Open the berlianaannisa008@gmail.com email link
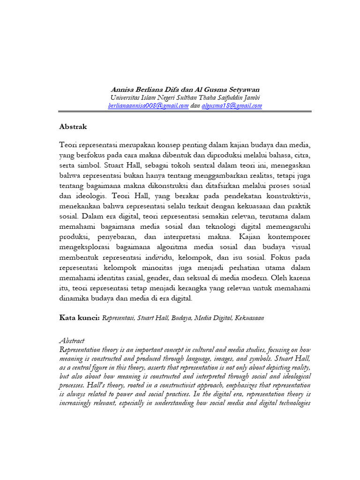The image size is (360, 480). (148, 106)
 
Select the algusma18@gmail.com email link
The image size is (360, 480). (232, 106)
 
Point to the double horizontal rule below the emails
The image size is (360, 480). (185, 112)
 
